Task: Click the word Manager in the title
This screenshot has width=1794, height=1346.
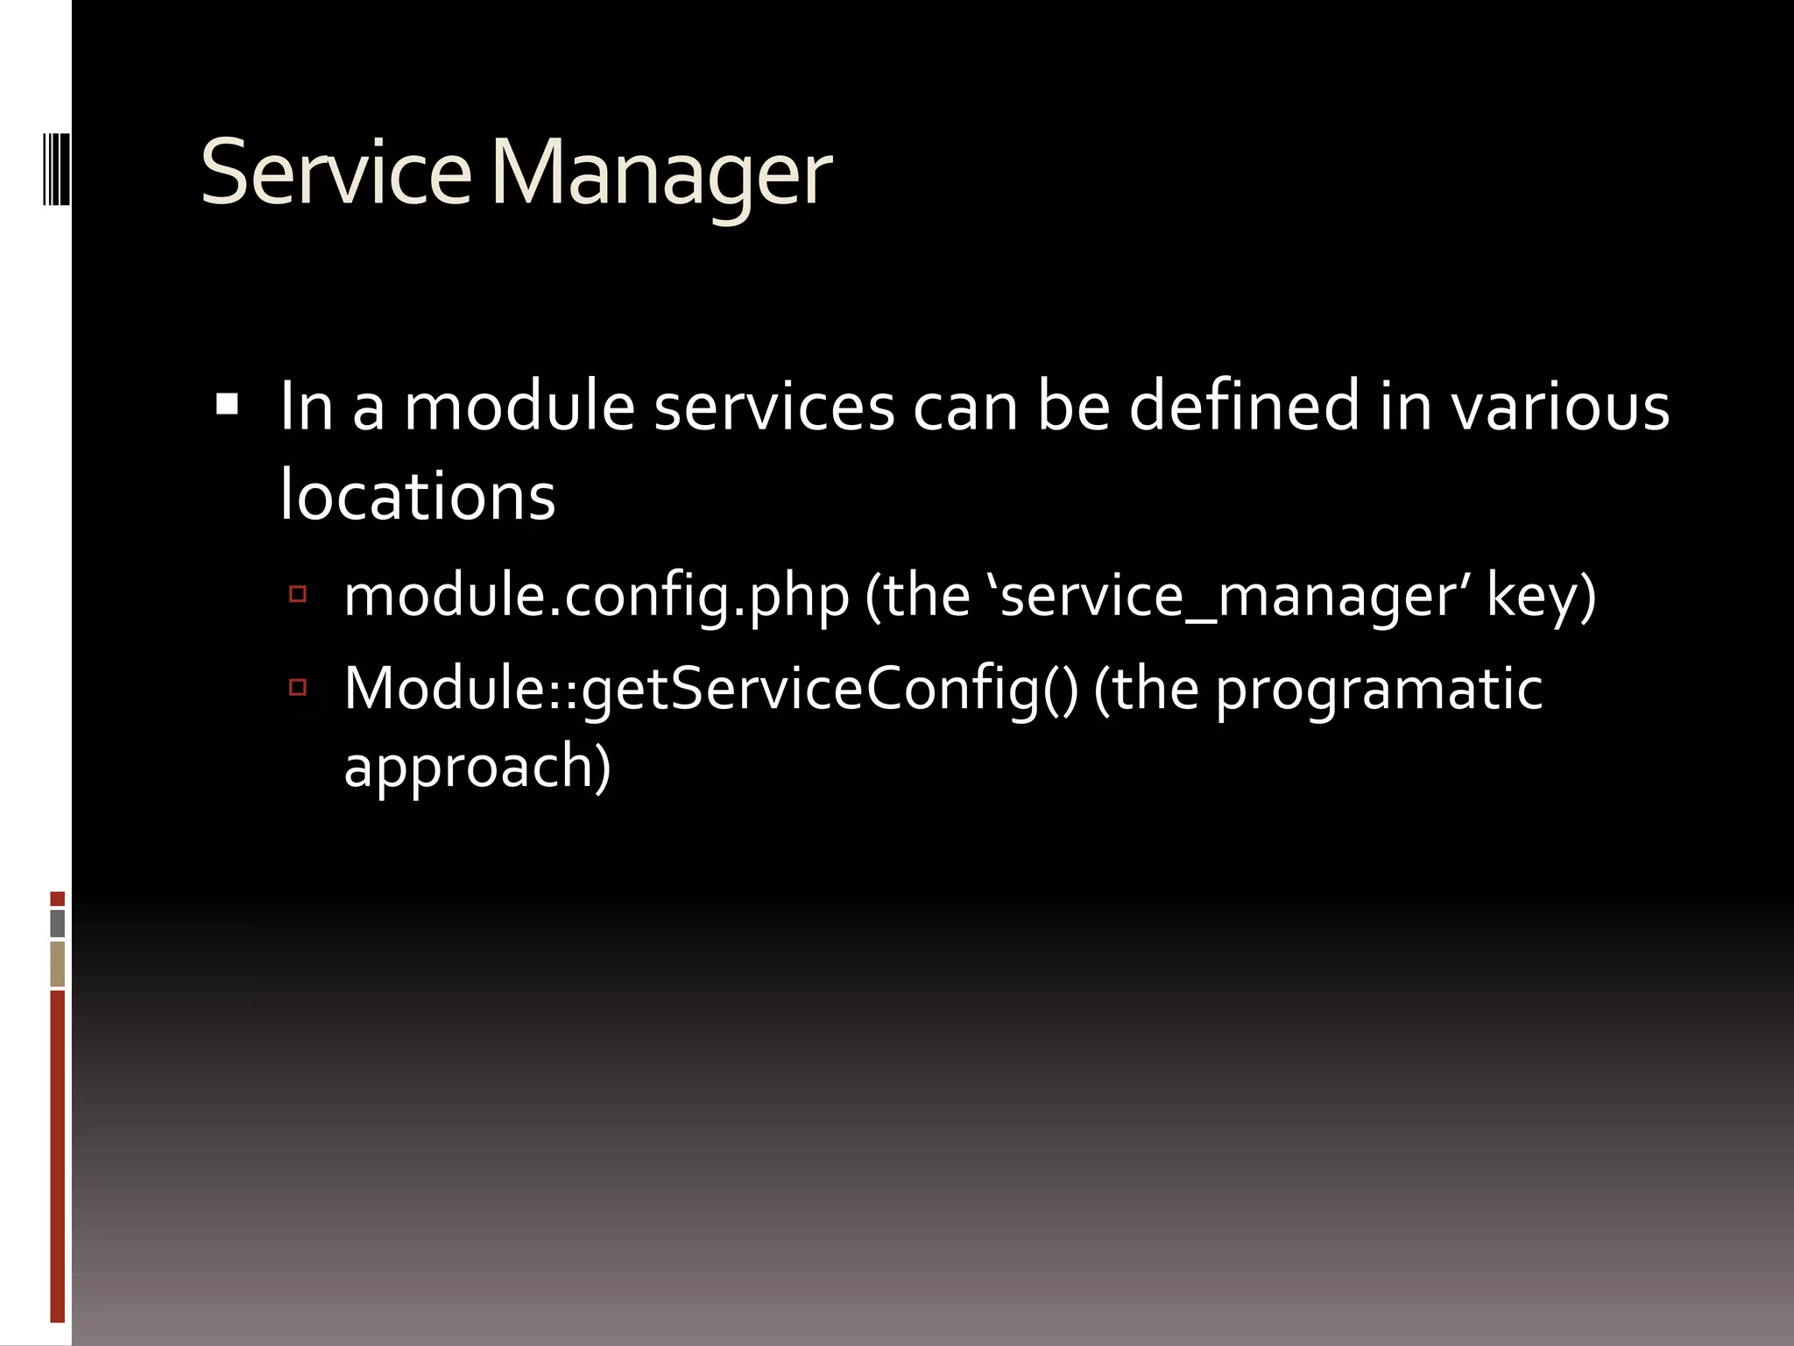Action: [661, 175]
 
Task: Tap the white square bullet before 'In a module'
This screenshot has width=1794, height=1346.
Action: [227, 404]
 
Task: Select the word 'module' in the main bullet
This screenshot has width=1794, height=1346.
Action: [519, 407]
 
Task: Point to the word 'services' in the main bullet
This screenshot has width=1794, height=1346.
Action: [774, 407]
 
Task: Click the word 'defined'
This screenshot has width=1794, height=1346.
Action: [1243, 407]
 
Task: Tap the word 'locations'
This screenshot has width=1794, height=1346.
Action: [417, 496]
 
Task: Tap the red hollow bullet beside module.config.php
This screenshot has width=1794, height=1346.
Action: [298, 595]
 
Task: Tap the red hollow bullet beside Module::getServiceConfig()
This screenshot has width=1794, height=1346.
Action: [298, 687]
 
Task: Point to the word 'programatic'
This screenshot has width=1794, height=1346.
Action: [1379, 689]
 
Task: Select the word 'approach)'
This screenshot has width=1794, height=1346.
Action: [477, 766]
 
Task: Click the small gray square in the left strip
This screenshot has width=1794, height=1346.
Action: [58, 923]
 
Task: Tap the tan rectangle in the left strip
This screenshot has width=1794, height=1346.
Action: [58, 964]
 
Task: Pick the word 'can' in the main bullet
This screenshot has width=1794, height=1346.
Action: [965, 407]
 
